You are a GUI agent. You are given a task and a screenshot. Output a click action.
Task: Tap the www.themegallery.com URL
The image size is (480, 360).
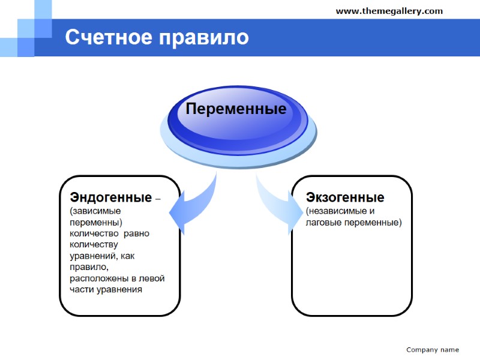389,11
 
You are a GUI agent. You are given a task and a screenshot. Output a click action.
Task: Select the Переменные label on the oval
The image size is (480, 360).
235,109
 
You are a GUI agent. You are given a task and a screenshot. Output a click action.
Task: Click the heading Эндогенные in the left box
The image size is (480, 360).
110,197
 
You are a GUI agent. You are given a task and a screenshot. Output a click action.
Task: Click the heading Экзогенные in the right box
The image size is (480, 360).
345,197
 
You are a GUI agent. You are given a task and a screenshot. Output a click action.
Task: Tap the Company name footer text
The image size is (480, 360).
432,349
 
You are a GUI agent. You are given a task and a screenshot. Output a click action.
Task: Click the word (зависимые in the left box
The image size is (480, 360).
95,211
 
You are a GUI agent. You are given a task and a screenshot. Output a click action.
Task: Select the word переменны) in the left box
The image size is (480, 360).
96,222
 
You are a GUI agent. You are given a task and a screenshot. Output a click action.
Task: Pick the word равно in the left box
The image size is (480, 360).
137,233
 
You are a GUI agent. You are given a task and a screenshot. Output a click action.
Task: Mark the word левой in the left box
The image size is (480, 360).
152,278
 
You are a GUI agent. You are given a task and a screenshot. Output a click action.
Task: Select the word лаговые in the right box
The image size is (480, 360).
323,222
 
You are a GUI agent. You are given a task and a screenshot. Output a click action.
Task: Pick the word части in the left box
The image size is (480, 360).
82,290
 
